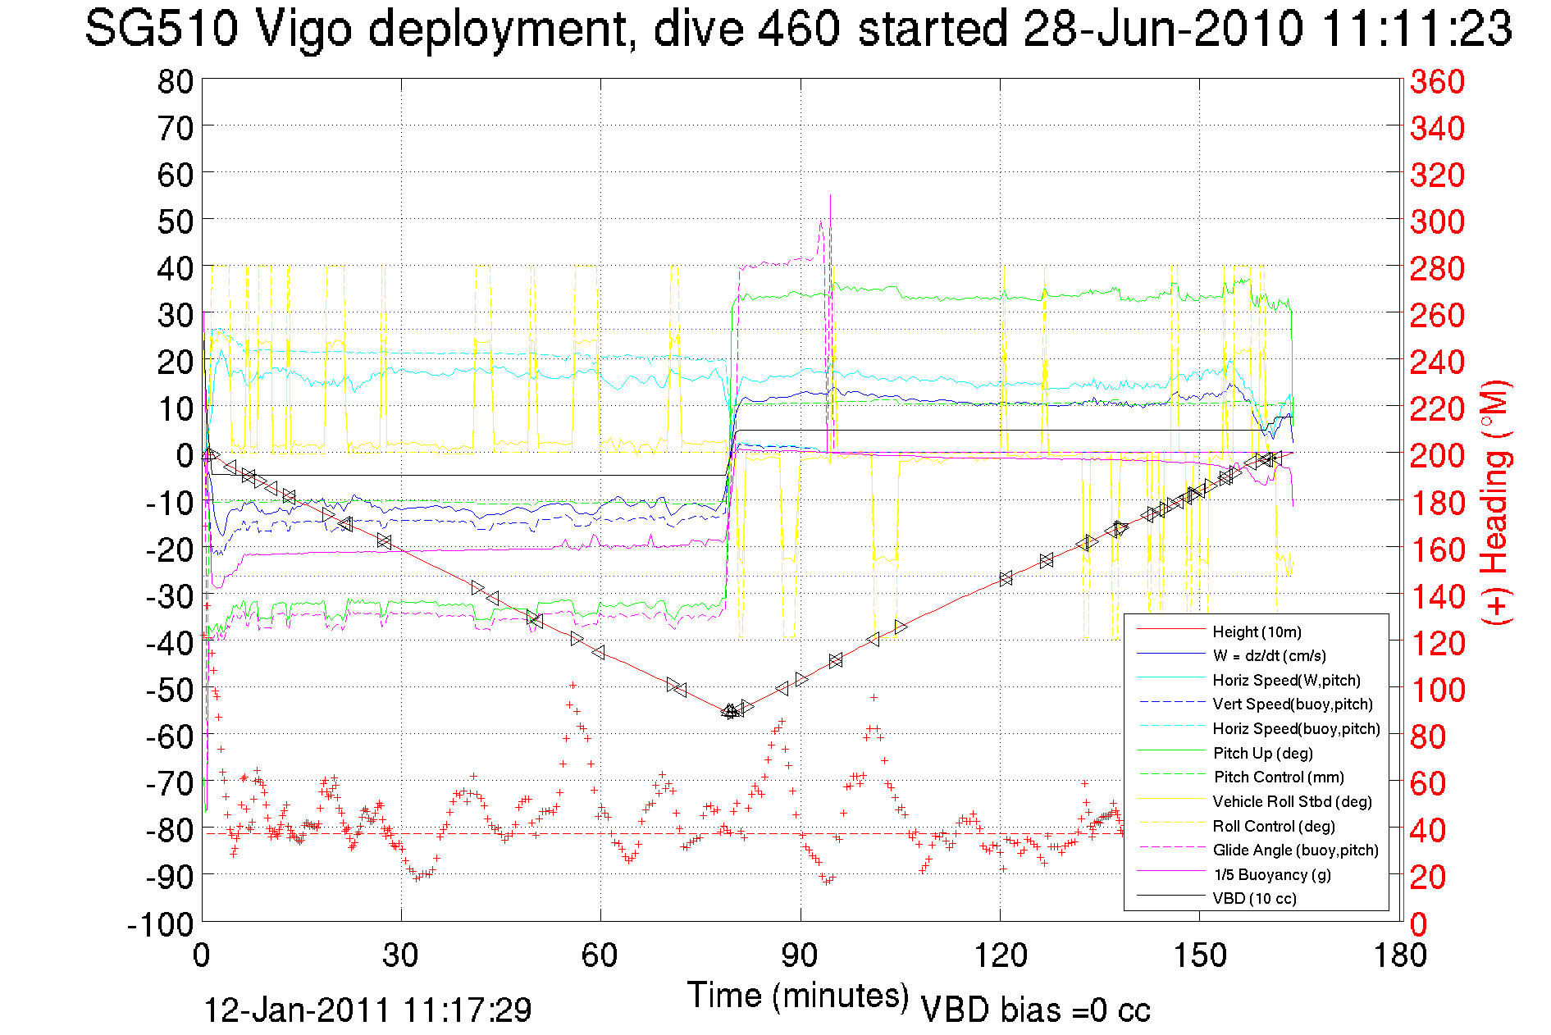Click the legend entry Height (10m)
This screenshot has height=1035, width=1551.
[1257, 631]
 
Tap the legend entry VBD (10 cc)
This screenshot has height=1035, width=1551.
[1254, 898]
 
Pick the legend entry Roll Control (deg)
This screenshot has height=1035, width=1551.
[1273, 826]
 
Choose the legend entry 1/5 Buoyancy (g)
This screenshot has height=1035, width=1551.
[1271, 874]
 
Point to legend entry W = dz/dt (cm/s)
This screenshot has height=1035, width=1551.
[1269, 655]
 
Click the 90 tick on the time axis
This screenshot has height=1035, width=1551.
[800, 955]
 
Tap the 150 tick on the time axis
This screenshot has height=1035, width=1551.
[1199, 955]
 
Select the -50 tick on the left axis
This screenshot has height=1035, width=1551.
[170, 689]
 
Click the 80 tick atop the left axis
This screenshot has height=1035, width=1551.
[175, 81]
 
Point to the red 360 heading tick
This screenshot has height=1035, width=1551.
[1437, 81]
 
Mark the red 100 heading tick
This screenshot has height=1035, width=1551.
[1437, 690]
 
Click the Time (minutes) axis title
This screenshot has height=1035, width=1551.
[798, 996]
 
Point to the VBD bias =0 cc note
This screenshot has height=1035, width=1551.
[1035, 1010]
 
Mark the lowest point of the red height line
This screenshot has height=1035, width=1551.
[729, 711]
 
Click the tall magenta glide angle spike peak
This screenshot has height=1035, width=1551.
[830, 195]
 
